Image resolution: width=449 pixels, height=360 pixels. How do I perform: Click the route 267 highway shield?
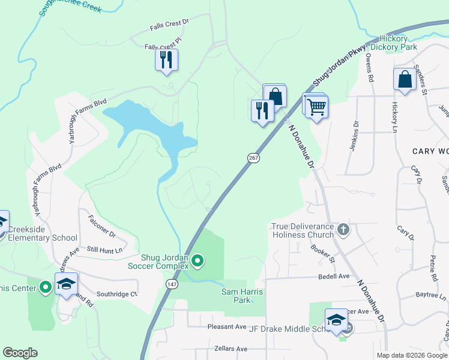pyautogui.click(x=253, y=158)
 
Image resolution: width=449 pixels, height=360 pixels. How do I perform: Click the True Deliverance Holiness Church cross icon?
pyautogui.click(x=343, y=229)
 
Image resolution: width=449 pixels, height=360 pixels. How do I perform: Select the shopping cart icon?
pyautogui.click(x=316, y=107)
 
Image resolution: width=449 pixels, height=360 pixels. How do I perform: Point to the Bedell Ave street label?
pyautogui.click(x=334, y=277)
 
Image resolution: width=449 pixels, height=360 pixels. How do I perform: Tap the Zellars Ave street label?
pyautogui.click(x=231, y=349)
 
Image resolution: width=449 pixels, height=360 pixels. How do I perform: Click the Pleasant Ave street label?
pyautogui.click(x=227, y=327)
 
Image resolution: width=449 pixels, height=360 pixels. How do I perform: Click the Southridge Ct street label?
pyautogui.click(x=117, y=294)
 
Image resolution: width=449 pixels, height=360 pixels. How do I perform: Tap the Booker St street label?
pyautogui.click(x=324, y=254)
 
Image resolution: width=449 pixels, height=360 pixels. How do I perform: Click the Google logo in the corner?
pyautogui.click(x=20, y=353)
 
